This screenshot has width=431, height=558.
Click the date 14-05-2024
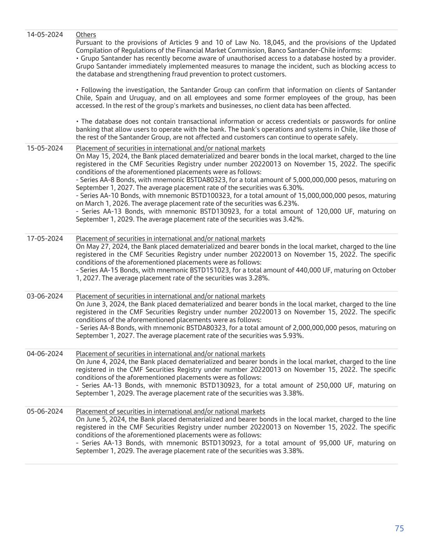[x=45, y=35]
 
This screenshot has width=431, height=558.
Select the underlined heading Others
[x=86, y=35]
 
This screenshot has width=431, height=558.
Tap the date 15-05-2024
[x=45, y=148]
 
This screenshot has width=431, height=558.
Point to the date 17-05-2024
[x=45, y=239]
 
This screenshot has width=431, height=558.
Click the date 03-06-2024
[x=45, y=296]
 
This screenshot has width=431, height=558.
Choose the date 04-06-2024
[x=45, y=354]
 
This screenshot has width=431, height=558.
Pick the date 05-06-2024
[x=45, y=412]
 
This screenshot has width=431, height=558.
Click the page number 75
[x=399, y=529]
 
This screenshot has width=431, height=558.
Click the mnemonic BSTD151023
[x=211, y=270]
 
